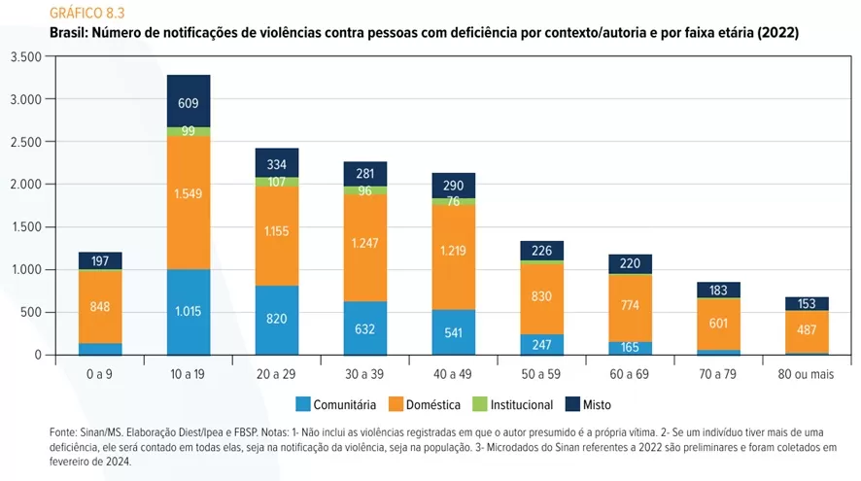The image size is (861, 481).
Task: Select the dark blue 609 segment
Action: [189, 101]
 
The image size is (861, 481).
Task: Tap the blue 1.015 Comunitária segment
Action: [189, 312]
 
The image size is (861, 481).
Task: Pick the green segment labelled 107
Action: [277, 182]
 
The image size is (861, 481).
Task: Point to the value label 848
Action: [100, 306]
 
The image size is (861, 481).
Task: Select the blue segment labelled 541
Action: [454, 332]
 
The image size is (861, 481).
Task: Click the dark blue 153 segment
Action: [807, 303]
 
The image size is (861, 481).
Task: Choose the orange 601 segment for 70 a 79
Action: [718, 324]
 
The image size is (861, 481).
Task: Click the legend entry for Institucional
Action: [516, 404]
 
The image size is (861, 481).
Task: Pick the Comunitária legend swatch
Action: [303, 404]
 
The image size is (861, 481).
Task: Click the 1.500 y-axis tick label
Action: [25, 226]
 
